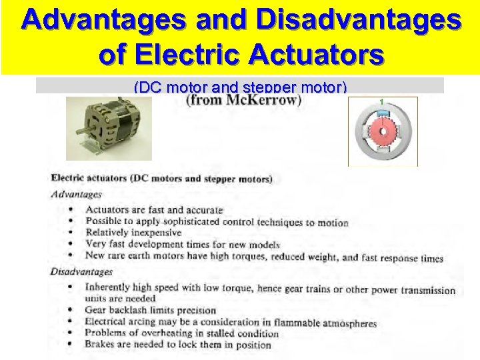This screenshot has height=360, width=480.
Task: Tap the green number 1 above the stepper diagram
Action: coord(383,101)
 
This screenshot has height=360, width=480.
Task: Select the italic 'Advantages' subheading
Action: coord(77,195)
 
